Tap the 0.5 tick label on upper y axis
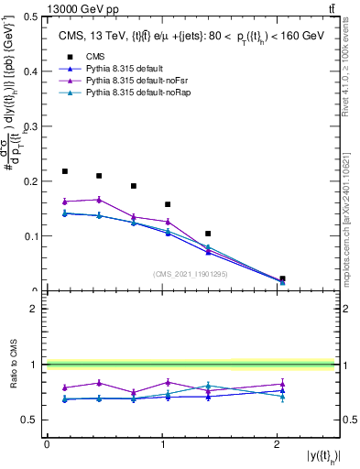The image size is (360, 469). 31,16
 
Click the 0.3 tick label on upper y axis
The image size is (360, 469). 31,126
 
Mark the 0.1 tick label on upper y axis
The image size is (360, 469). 31,236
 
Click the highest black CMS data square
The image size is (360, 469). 65,171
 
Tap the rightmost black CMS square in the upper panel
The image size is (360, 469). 282,278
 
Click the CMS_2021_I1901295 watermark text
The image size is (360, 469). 191,274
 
